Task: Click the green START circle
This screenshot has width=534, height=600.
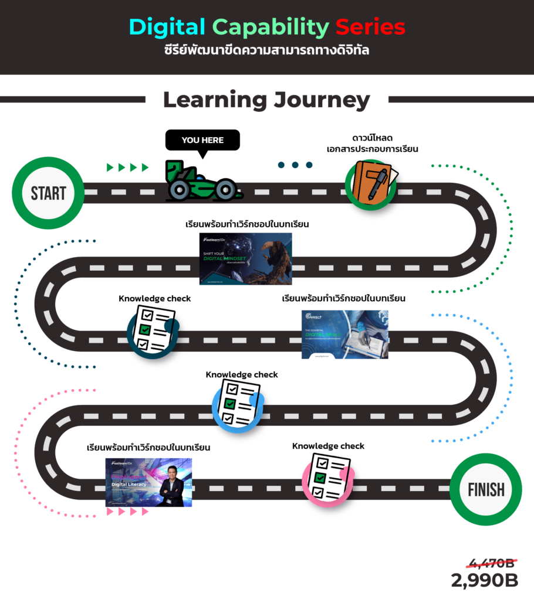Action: [49, 193]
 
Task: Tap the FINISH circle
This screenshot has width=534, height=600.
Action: [486, 489]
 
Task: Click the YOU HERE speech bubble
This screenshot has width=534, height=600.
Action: [202, 141]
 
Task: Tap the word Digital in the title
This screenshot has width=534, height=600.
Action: [167, 27]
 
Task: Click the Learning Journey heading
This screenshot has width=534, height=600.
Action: [266, 100]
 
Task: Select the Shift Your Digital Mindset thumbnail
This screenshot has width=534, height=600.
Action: [245, 258]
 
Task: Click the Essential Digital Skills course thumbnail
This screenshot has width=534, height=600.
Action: [344, 334]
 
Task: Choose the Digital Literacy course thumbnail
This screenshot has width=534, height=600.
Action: [148, 482]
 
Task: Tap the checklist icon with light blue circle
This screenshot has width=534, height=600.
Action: [236, 404]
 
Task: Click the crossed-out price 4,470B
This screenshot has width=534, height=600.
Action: [491, 564]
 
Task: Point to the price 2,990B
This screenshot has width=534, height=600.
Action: [485, 581]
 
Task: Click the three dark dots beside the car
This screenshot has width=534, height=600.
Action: [295, 165]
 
